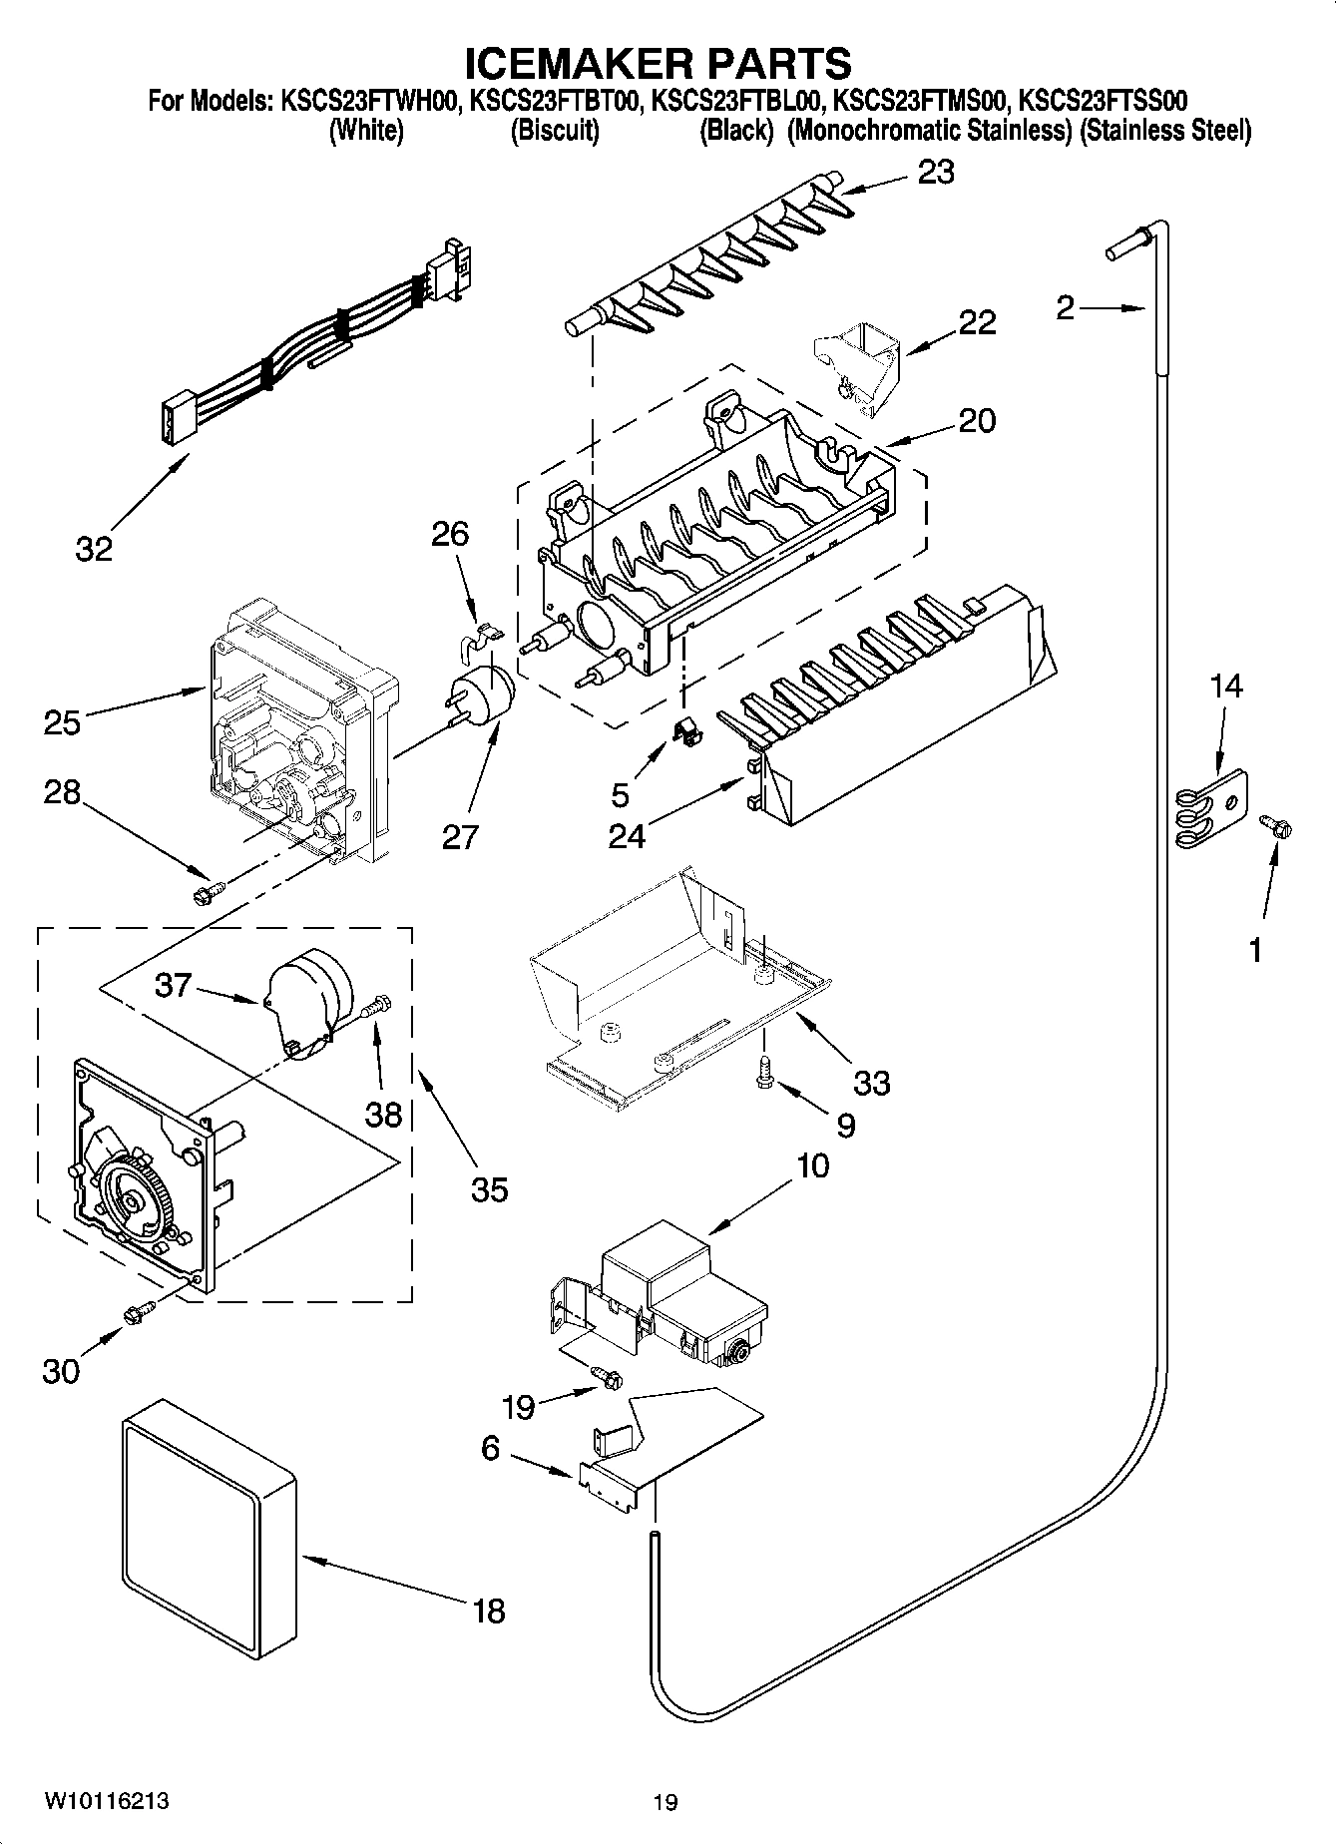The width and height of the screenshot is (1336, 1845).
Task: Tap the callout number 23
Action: (x=936, y=173)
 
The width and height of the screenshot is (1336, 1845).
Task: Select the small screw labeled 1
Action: (x=1274, y=826)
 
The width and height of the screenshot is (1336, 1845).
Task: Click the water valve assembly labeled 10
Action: (x=678, y=1293)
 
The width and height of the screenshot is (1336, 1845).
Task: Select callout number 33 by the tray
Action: (x=871, y=1082)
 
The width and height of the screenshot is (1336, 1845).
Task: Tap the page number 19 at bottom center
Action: (x=666, y=1802)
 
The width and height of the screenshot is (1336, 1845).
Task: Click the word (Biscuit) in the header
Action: (x=555, y=130)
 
